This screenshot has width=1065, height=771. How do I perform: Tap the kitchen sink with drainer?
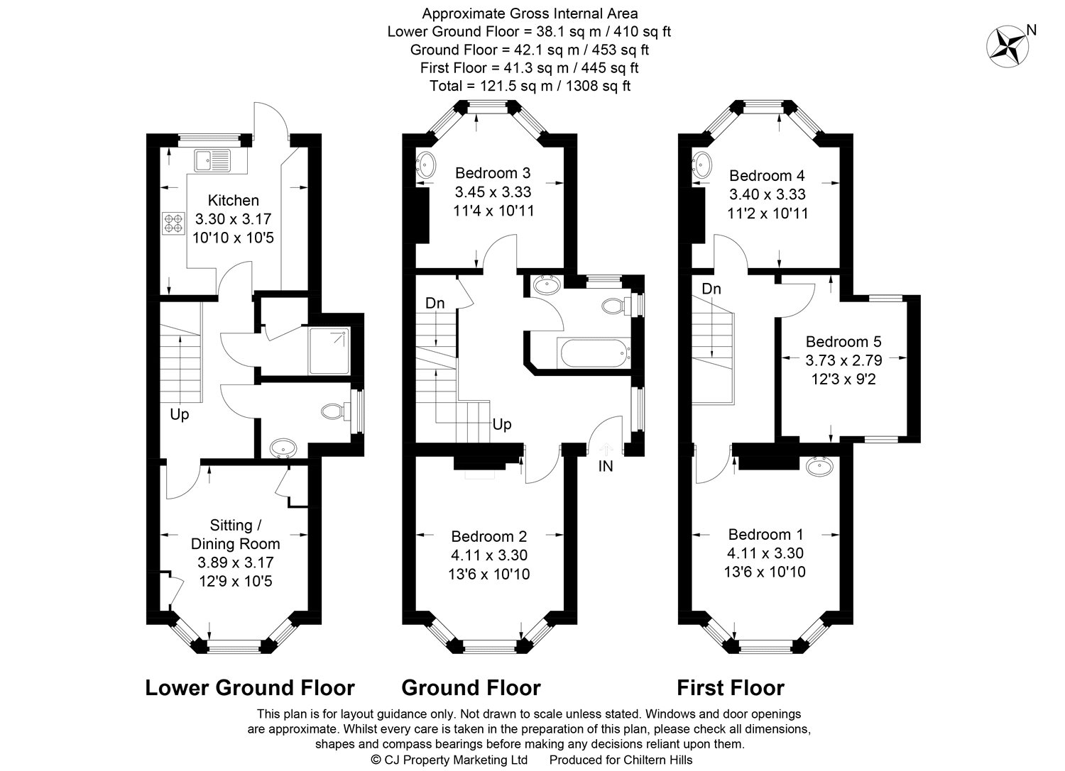(212, 160)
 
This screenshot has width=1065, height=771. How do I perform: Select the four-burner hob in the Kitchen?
(173, 223)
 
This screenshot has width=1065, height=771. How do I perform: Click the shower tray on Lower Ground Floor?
(329, 351)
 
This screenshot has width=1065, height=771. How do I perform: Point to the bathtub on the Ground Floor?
(595, 353)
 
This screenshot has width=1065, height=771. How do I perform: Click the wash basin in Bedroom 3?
(425, 165)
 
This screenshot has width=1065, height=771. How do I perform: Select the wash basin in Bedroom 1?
(819, 467)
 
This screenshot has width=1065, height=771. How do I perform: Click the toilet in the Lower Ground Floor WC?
(335, 411)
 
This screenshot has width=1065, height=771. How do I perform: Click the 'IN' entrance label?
(605, 467)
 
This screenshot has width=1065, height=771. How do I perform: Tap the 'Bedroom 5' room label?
(843, 342)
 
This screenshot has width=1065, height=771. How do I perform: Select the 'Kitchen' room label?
(234, 200)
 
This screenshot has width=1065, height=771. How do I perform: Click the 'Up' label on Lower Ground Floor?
(179, 415)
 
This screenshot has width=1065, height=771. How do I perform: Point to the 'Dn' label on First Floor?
(711, 289)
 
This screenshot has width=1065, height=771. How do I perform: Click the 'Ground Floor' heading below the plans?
(471, 687)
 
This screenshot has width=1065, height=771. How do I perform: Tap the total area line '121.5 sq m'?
(530, 86)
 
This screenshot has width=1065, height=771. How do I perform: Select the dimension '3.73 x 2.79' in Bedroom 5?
(843, 360)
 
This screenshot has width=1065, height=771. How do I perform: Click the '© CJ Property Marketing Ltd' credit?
(449, 760)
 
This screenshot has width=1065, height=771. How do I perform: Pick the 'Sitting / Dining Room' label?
(235, 534)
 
